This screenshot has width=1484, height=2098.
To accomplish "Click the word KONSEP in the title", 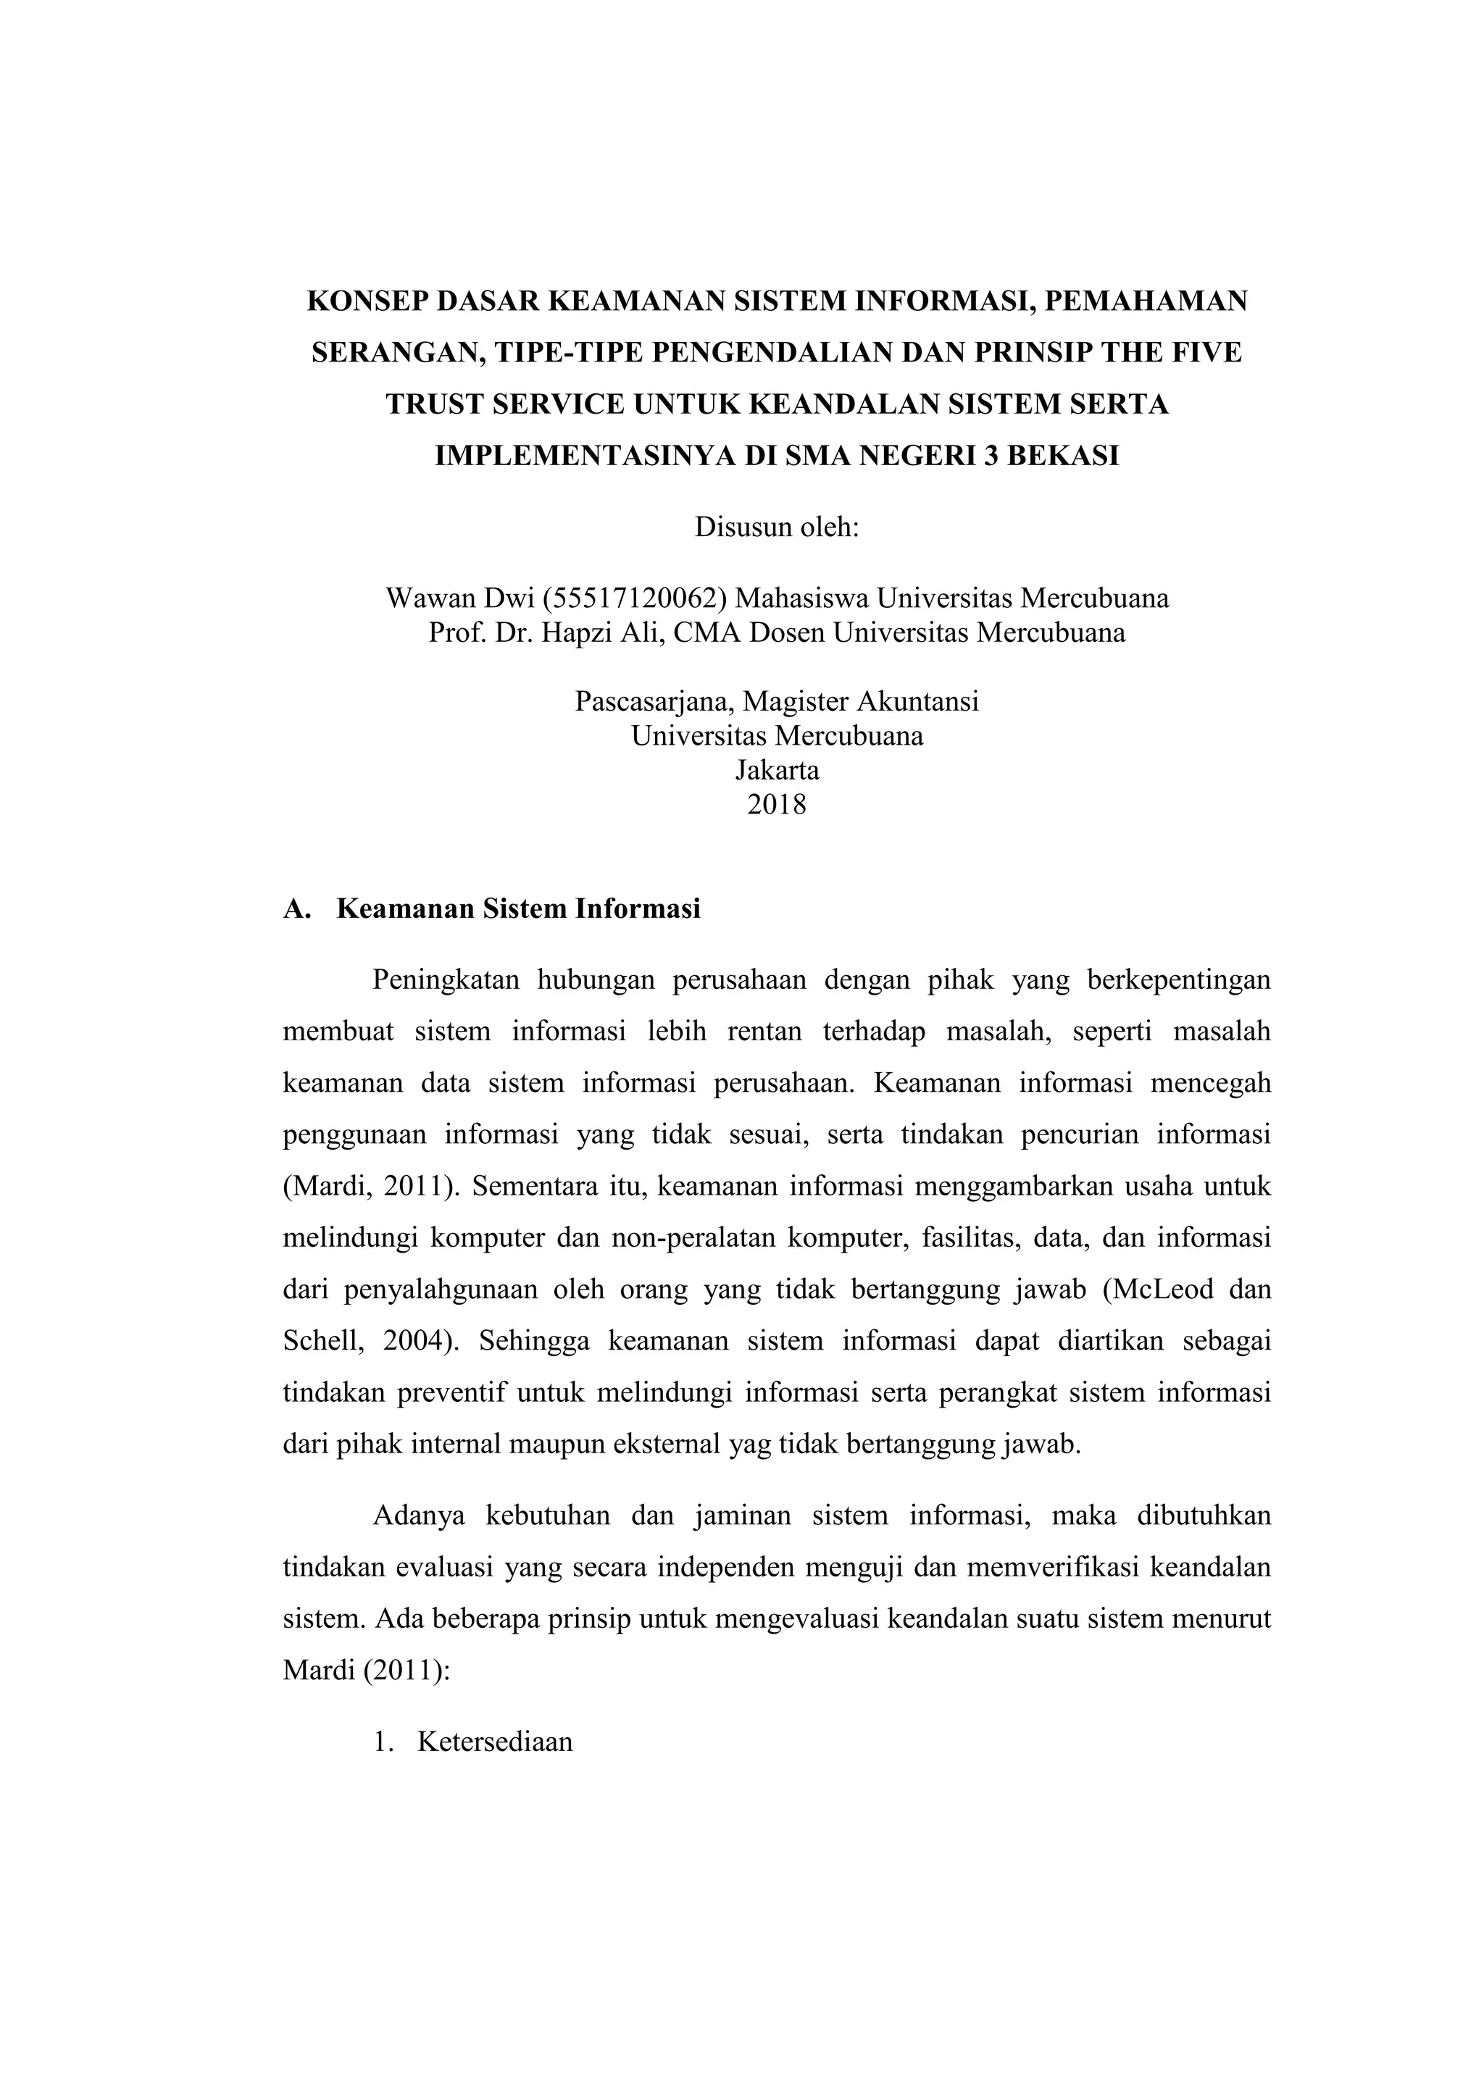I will click(x=363, y=301).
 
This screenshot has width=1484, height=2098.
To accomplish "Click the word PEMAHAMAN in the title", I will click(x=1146, y=301).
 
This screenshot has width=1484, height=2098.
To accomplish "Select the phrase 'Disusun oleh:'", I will click(x=777, y=527).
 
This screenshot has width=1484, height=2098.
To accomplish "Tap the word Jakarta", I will click(x=777, y=770).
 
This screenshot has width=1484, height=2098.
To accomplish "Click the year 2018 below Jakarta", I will click(x=777, y=805).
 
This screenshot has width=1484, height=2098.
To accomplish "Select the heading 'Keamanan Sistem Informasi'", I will click(x=518, y=909).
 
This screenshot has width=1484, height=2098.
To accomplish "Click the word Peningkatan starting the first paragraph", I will click(x=446, y=980).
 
